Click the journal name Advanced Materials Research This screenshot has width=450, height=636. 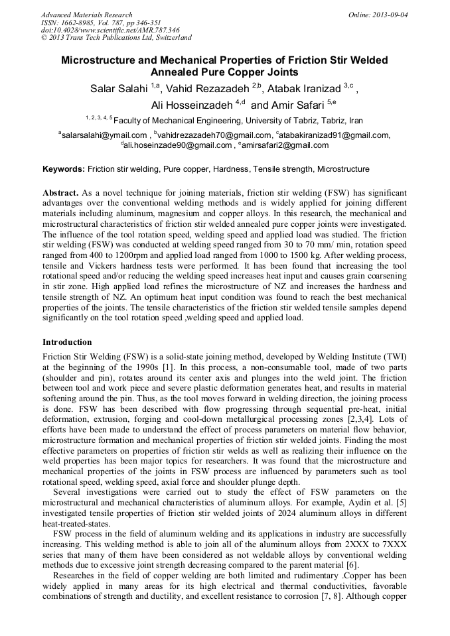coord(86,15)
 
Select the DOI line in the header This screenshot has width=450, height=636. coord(109,30)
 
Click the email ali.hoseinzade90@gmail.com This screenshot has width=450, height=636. coord(178,145)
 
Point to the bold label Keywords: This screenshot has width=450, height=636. coord(64,170)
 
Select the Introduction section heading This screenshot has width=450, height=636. coord(67,342)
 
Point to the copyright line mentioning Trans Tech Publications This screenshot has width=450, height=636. coord(116,38)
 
